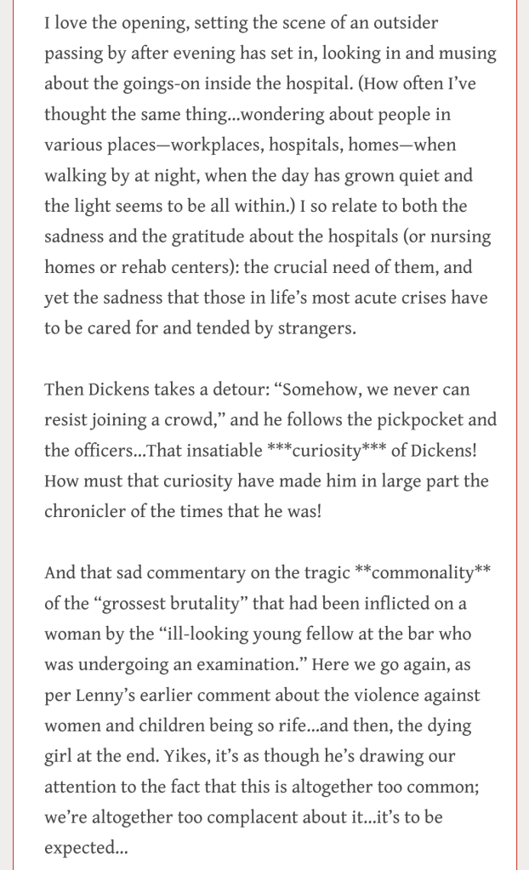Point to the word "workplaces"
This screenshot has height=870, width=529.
[220, 145]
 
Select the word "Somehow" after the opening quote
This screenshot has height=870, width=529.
[323, 390]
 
